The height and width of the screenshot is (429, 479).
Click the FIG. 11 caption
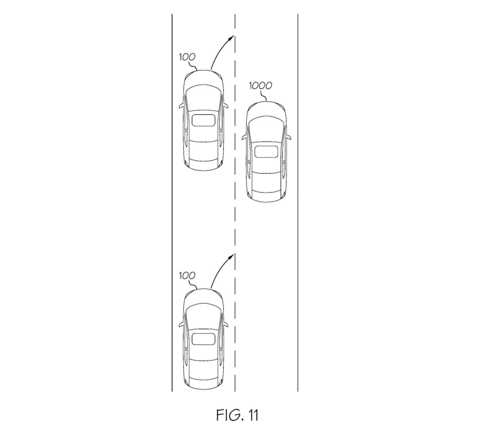pyautogui.click(x=237, y=415)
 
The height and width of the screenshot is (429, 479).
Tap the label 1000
pyautogui.click(x=260, y=86)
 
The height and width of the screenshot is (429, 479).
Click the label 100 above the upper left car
pyautogui.click(x=187, y=57)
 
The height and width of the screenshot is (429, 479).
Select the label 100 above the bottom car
pyautogui.click(x=187, y=276)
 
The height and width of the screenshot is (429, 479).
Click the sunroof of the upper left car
pyautogui.click(x=204, y=120)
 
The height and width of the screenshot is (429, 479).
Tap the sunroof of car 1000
pyautogui.click(x=267, y=151)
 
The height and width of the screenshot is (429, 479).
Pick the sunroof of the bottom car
pyautogui.click(x=204, y=339)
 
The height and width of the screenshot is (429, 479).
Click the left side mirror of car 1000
pyautogui.click(x=244, y=137)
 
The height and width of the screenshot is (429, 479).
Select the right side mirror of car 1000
pyautogui.click(x=288, y=137)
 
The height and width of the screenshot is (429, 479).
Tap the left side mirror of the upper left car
pyautogui.click(x=182, y=106)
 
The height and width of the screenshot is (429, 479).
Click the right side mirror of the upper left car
pyautogui.click(x=226, y=106)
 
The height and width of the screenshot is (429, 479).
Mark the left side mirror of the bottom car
pyautogui.click(x=182, y=324)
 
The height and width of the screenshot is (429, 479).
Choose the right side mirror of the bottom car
pyautogui.click(x=226, y=324)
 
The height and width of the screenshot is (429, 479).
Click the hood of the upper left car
pyautogui.click(x=204, y=79)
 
